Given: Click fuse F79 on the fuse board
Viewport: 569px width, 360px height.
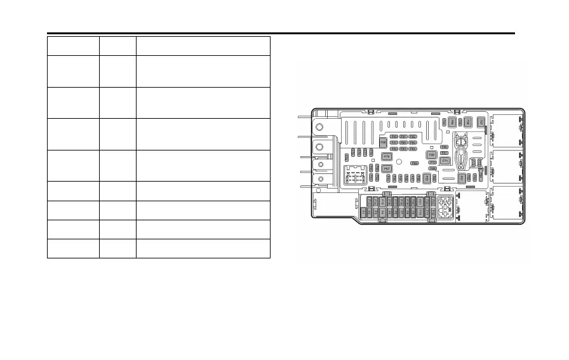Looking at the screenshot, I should pos(386,156).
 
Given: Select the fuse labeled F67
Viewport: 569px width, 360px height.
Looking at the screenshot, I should pos(386,168).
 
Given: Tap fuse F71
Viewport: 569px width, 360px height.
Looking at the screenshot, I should pos(445,161).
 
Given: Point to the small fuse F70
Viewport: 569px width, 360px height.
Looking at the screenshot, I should pos(433,162).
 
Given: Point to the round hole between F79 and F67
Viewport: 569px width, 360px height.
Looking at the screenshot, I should pos(398,162).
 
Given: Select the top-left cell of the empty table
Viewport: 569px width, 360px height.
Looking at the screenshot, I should pos(72,45).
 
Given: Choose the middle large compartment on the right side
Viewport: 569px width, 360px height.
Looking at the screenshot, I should pos(506,167).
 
